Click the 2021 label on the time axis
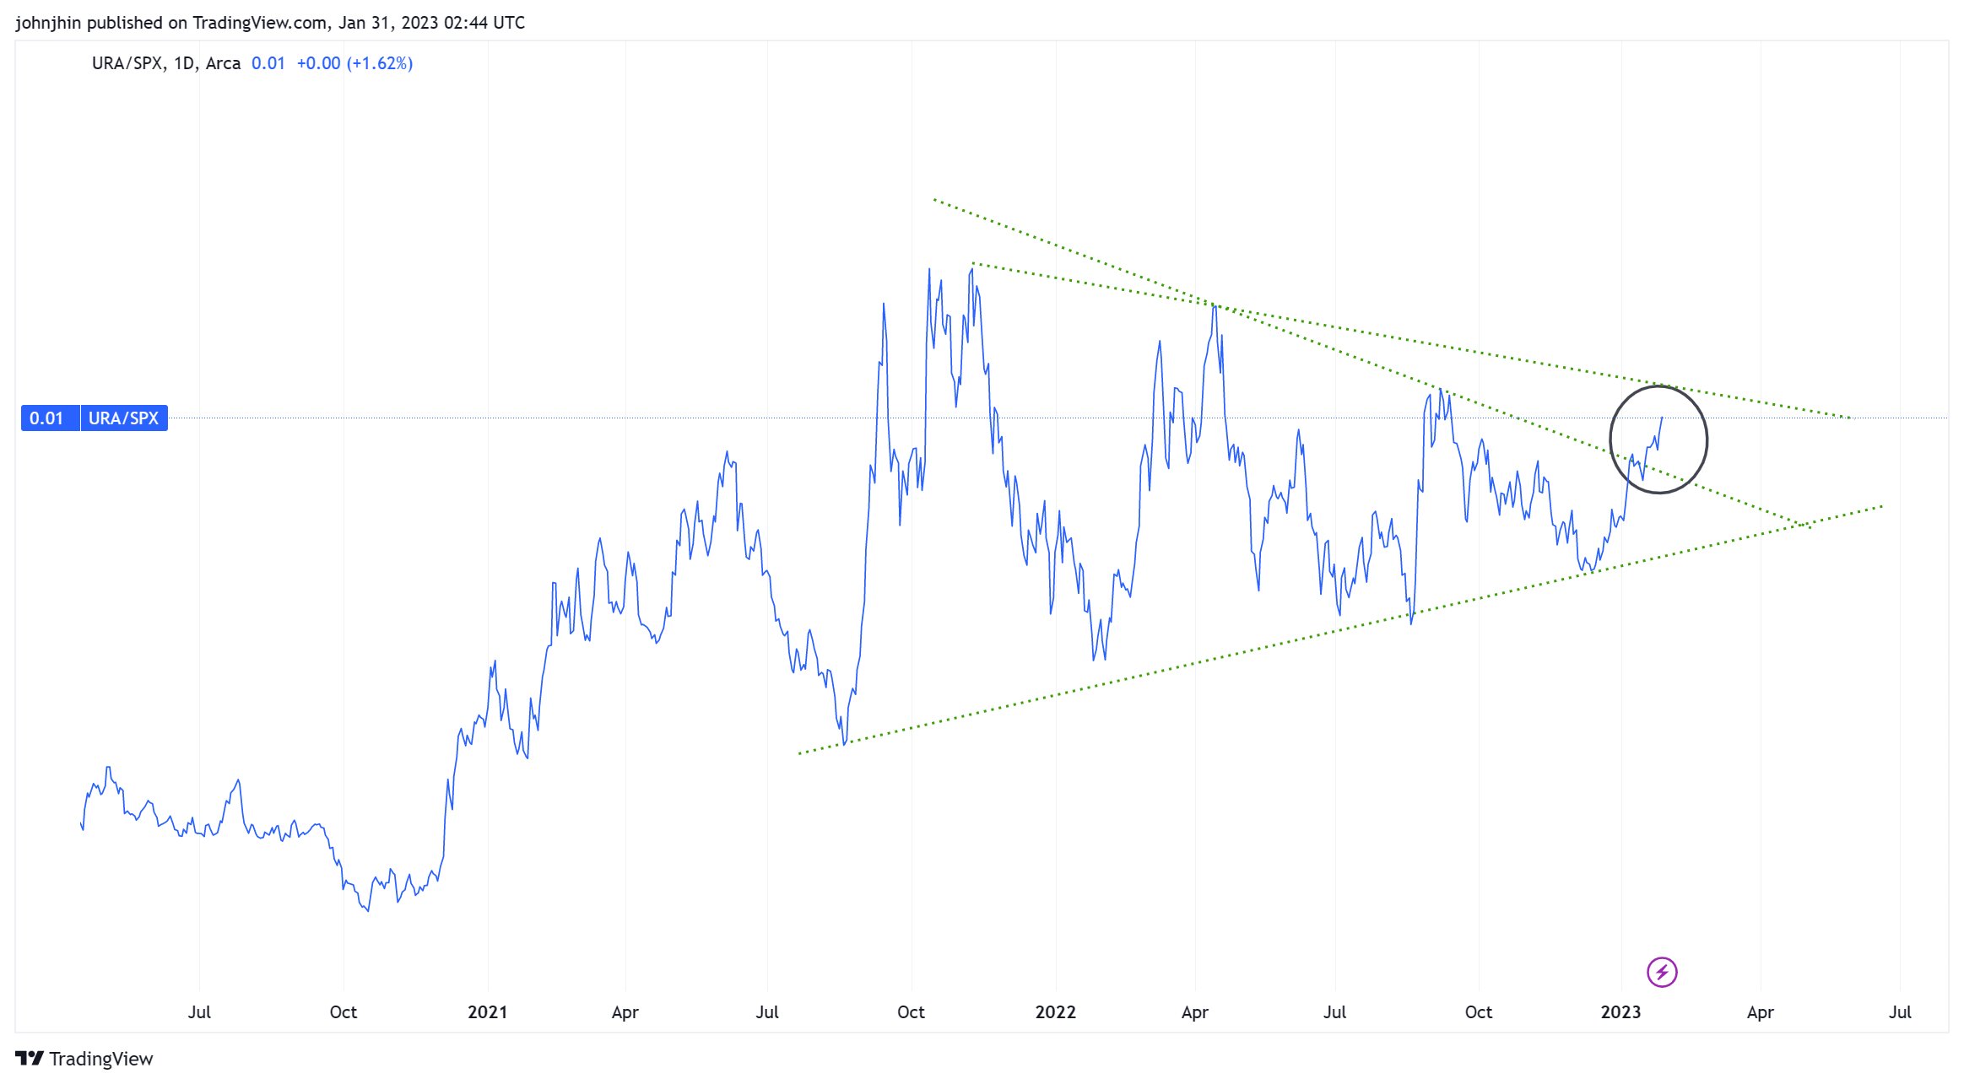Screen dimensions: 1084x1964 pyautogui.click(x=487, y=1012)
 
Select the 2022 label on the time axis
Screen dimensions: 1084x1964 pyautogui.click(x=1055, y=1012)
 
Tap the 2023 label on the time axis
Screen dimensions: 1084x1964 pyautogui.click(x=1620, y=1012)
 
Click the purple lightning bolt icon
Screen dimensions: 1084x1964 pyautogui.click(x=1662, y=972)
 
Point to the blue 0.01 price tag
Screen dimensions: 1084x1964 pyautogui.click(x=46, y=418)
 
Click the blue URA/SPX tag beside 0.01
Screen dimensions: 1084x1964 pyautogui.click(x=123, y=418)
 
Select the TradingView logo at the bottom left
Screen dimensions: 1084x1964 pyautogui.click(x=84, y=1059)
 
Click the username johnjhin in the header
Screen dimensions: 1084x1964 pyautogui.click(x=48, y=23)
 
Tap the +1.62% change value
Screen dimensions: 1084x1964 pyautogui.click(x=379, y=63)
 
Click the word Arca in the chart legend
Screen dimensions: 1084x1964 pyautogui.click(x=223, y=63)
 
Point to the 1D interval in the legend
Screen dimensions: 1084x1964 pyautogui.click(x=183, y=63)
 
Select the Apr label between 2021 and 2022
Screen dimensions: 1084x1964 pyautogui.click(x=625, y=1012)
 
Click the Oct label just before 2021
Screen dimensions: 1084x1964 pyautogui.click(x=343, y=1012)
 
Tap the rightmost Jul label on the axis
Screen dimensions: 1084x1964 pyautogui.click(x=1899, y=1012)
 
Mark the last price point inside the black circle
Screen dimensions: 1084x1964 pyautogui.click(x=1662, y=418)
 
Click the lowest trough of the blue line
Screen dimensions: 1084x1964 pyautogui.click(x=368, y=911)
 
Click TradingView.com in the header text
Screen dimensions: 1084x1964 pyautogui.click(x=260, y=23)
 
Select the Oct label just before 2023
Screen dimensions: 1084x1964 pyautogui.click(x=1478, y=1012)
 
